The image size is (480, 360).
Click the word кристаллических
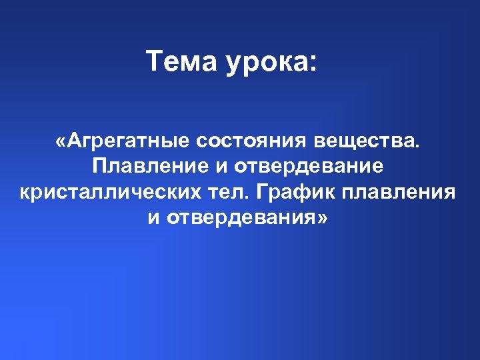(x=106, y=193)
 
